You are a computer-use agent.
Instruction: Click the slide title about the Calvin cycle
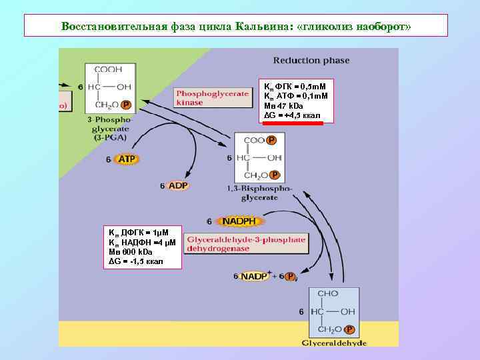236,26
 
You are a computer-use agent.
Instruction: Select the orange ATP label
126,159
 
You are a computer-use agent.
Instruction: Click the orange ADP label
177,185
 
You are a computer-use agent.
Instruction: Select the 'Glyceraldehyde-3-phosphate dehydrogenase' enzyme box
246,243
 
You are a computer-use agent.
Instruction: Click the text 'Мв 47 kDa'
284,106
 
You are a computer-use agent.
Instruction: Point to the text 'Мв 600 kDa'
131,252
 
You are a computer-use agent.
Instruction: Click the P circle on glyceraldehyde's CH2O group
351,329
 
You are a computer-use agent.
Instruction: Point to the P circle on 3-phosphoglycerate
126,105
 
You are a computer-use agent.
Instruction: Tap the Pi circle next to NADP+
290,277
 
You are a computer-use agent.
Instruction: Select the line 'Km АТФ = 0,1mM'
296,97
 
